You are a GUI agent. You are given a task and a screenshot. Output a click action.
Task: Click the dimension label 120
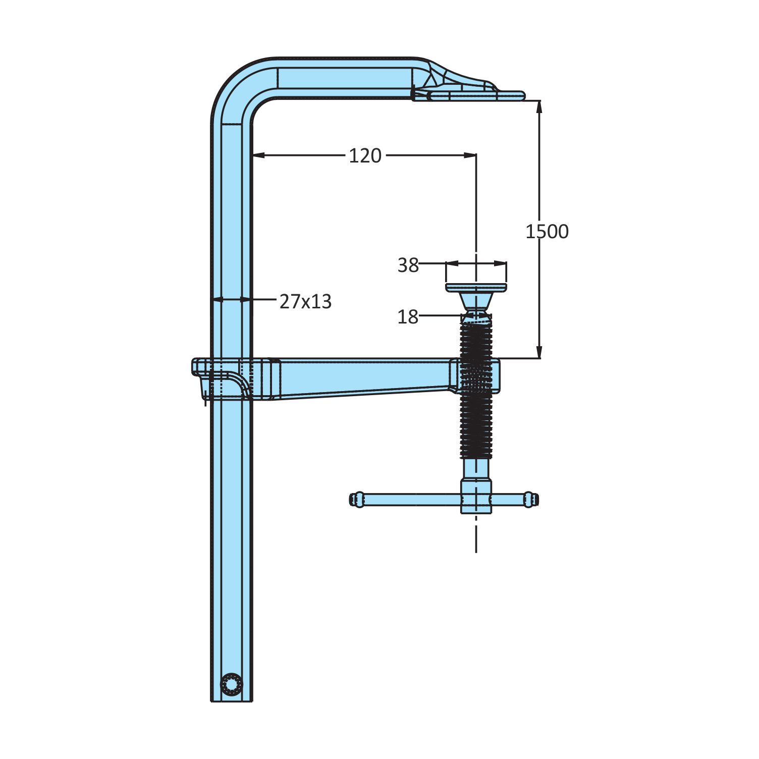pos(365,155)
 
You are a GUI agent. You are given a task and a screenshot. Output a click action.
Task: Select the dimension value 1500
pos(547,231)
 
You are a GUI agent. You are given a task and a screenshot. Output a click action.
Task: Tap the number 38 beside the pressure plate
pos(408,265)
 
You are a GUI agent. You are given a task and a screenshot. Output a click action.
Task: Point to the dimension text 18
pos(408,317)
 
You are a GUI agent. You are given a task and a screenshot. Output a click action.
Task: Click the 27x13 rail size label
pos(306,301)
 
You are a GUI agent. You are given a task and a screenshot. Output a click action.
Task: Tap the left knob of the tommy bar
pos(356,500)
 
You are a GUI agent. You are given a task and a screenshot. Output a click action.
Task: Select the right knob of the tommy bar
pos(530,500)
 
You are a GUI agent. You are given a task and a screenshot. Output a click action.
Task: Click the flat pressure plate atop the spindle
pos(476,288)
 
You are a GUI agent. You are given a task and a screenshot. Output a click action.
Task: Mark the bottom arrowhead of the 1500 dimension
pos(539,352)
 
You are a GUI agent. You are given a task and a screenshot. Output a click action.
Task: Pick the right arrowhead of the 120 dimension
pos(470,155)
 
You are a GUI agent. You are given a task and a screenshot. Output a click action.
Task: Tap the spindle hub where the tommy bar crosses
pos(476,497)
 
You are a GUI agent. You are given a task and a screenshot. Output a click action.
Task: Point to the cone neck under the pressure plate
pos(476,302)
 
